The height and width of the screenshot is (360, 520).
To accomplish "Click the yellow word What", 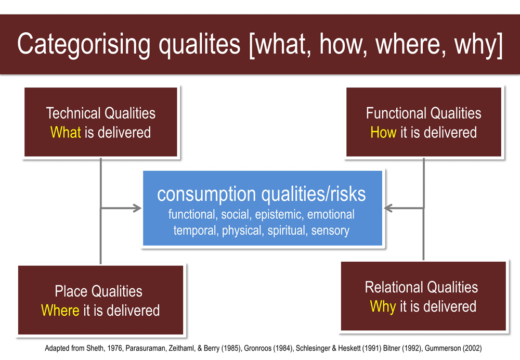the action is coord(66,132).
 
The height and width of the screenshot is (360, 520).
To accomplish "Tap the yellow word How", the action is coord(383,132).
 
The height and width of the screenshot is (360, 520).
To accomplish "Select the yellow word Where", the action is coord(60,310).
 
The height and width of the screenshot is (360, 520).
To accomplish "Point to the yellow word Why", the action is coord(383,306).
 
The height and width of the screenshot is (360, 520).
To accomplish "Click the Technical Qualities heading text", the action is coord(100,113).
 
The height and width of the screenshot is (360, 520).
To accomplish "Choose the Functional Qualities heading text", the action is coord(423,113).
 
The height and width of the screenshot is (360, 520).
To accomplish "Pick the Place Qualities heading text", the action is coord(98,291).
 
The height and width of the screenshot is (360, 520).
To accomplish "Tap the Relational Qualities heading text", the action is coord(421,287).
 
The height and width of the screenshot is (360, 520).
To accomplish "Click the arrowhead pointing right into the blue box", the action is coord(137,208).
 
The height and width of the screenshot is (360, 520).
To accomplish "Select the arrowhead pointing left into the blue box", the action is coord(388,208).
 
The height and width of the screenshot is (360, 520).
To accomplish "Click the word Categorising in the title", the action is coord(84,44).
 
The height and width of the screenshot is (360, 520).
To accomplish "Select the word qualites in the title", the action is coord(199,44).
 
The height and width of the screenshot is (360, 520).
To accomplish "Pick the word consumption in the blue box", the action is coord(206,195).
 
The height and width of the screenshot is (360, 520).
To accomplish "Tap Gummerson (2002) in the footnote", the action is coord(453,348).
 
